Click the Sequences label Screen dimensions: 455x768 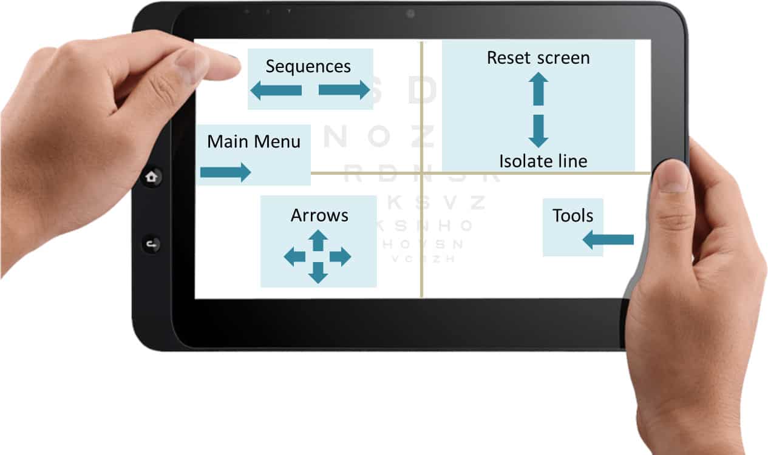[x=308, y=66]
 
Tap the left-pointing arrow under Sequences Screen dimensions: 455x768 [x=276, y=90]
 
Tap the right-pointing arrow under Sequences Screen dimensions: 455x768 [x=344, y=90]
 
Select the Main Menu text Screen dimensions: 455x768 [x=254, y=142]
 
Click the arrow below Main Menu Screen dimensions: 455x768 [x=225, y=172]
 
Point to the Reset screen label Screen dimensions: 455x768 [x=538, y=58]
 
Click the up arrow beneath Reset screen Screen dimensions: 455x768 [x=538, y=89]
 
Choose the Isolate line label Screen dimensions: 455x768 [x=543, y=161]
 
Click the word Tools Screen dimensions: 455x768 [x=573, y=215]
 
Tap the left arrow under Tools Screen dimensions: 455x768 [x=608, y=240]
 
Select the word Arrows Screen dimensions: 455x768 [x=319, y=215]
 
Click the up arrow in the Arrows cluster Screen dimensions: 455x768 [x=318, y=240]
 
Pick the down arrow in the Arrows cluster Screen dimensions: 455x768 [x=318, y=273]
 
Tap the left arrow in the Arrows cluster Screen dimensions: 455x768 [x=294, y=257]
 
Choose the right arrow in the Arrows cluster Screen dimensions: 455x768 [x=341, y=257]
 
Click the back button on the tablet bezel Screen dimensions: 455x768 [x=151, y=244]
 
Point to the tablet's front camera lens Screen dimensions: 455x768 [x=410, y=13]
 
